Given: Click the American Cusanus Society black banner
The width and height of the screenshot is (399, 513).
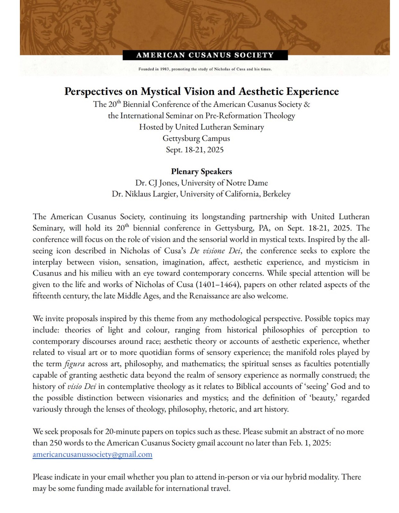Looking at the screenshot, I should [x=205, y=55].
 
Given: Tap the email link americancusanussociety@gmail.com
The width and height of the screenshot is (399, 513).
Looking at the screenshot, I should [x=92, y=455].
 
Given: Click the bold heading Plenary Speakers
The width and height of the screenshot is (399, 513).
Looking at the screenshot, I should [x=201, y=172].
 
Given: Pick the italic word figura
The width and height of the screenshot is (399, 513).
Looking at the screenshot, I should [x=75, y=364].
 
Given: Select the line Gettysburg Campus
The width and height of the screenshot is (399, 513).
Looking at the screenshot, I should [x=196, y=139].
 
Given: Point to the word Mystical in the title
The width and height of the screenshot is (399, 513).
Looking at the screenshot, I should [x=161, y=92].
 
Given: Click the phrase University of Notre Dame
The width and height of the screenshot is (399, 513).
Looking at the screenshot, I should [x=224, y=183].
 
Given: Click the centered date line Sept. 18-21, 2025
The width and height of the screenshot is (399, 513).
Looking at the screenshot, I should [x=195, y=150].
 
